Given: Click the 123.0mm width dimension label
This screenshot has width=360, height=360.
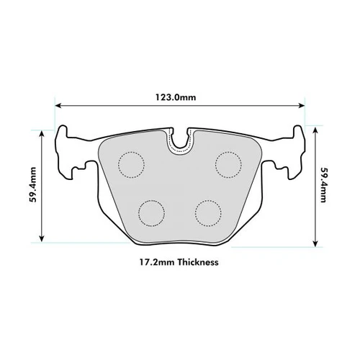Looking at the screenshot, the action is tap(176, 97).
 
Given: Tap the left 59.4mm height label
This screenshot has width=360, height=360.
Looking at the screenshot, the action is tap(33, 185).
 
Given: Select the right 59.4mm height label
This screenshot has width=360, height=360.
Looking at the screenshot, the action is tap(324, 185).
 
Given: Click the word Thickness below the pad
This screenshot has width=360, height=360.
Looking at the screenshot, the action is tap(198, 262).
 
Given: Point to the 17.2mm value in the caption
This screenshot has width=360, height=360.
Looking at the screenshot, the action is tap(157, 262).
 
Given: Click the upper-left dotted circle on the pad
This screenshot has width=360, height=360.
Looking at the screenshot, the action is tap(131, 165).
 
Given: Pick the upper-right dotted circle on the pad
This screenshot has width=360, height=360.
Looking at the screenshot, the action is tap(228, 165).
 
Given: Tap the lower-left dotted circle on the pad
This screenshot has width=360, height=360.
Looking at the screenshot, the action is tap(151, 213).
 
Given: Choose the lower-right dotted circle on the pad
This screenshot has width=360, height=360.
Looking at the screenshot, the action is tap(208, 213).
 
